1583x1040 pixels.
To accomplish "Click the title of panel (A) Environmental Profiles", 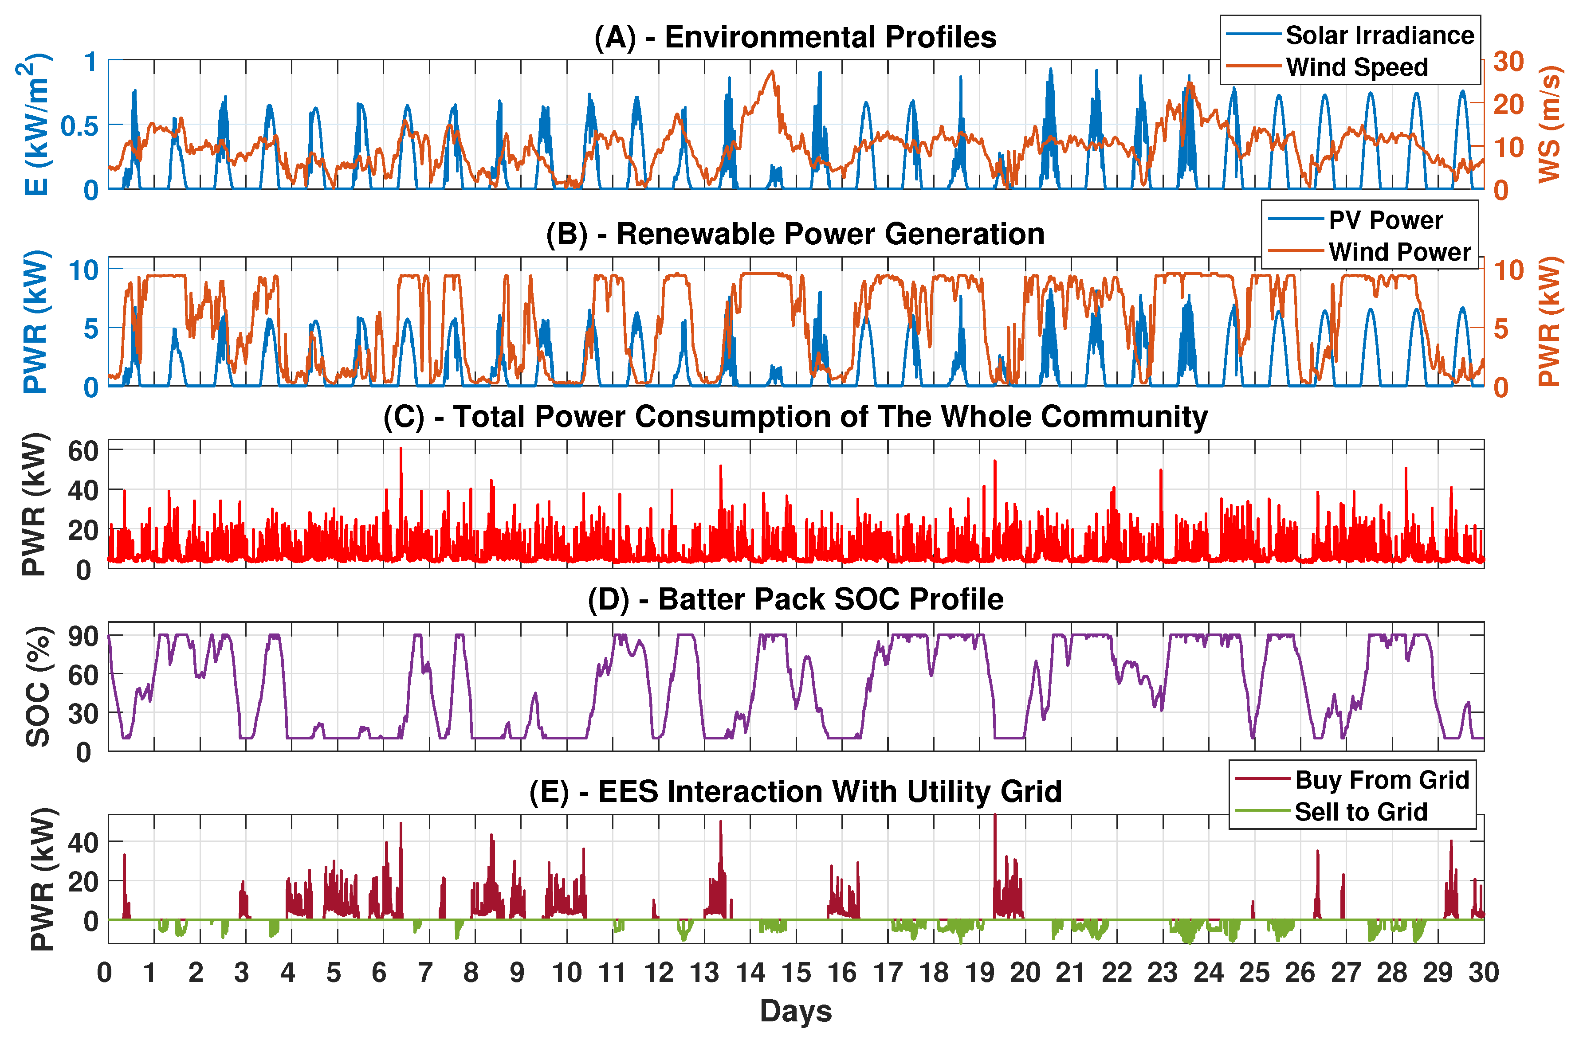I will (795, 37).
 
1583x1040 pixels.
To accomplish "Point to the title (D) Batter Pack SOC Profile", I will (795, 599).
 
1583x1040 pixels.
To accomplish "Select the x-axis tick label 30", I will (1483, 973).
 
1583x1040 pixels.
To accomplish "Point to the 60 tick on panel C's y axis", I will (83, 451).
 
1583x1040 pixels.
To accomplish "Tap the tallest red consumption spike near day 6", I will (401, 450).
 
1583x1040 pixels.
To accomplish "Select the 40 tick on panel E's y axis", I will (83, 842).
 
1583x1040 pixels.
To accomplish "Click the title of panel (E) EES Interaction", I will (795, 792).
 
